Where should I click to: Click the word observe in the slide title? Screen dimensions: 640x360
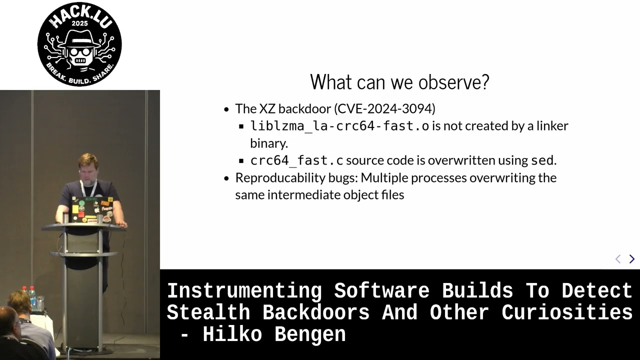pyautogui.click(x=453, y=82)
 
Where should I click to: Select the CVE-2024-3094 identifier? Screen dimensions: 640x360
pyautogui.click(x=385, y=109)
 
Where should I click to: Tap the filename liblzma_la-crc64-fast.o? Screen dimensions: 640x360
pyautogui.click(x=339, y=126)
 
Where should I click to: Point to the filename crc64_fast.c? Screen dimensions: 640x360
pyautogui.click(x=296, y=160)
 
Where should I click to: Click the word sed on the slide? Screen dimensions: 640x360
pyautogui.click(x=542, y=160)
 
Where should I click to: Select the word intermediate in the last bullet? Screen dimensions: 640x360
pyautogui.click(x=304, y=195)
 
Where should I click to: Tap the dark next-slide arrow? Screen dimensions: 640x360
pyautogui.click(x=632, y=259)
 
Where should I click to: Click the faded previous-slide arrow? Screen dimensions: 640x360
pyautogui.click(x=617, y=259)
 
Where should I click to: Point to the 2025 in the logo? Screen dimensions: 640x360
pyautogui.click(x=79, y=23)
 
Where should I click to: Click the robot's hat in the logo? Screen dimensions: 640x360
pyautogui.click(x=79, y=38)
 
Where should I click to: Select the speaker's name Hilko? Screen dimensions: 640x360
pyautogui.click(x=232, y=334)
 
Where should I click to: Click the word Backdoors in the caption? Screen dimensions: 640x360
pyautogui.click(x=315, y=312)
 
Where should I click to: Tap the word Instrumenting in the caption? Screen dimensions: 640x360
pyautogui.click(x=244, y=291)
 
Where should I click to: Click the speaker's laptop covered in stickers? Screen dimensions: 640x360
pyautogui.click(x=91, y=210)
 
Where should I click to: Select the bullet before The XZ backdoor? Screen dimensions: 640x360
pyautogui.click(x=226, y=109)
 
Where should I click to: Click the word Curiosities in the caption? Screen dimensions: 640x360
pyautogui.click(x=567, y=312)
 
